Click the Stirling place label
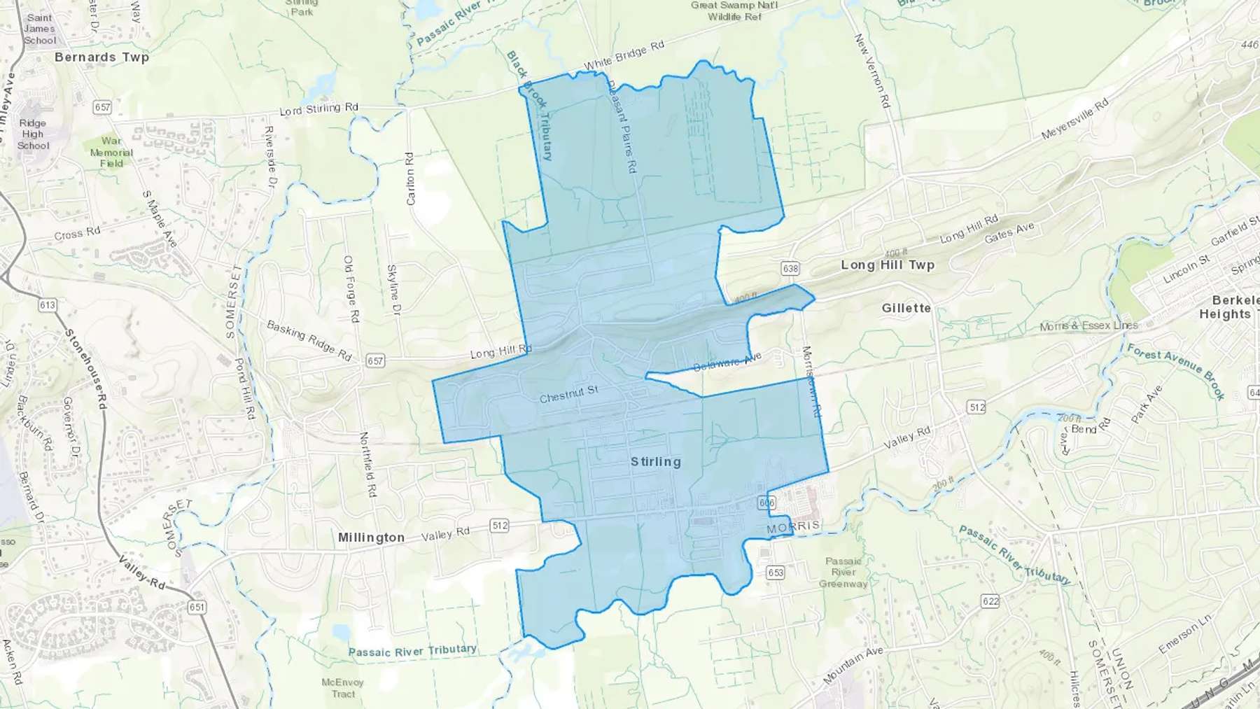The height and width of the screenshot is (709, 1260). (x=655, y=462)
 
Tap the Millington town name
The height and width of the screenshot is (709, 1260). (x=371, y=538)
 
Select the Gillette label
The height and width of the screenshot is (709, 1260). (x=906, y=308)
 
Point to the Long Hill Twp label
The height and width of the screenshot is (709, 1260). (x=888, y=265)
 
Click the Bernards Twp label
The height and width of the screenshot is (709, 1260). (x=101, y=57)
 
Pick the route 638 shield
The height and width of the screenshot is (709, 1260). (x=790, y=268)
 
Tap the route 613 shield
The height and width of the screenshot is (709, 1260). (x=48, y=305)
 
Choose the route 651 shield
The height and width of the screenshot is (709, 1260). (x=197, y=607)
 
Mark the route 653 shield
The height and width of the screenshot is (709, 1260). (x=775, y=573)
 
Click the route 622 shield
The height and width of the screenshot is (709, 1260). (x=990, y=601)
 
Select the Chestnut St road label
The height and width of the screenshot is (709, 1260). (x=568, y=395)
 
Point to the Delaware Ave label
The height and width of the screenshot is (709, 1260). (x=727, y=363)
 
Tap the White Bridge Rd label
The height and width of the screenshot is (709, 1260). (x=624, y=56)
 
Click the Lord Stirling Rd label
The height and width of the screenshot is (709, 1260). (x=318, y=109)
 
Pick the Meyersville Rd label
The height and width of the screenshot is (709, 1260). (x=1074, y=119)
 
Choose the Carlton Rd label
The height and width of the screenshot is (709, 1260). (x=410, y=178)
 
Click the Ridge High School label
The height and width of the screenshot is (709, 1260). (x=33, y=134)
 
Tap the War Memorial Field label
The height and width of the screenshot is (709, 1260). (x=111, y=152)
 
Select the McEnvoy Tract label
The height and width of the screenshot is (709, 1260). (x=343, y=688)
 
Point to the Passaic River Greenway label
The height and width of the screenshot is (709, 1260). (x=843, y=573)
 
